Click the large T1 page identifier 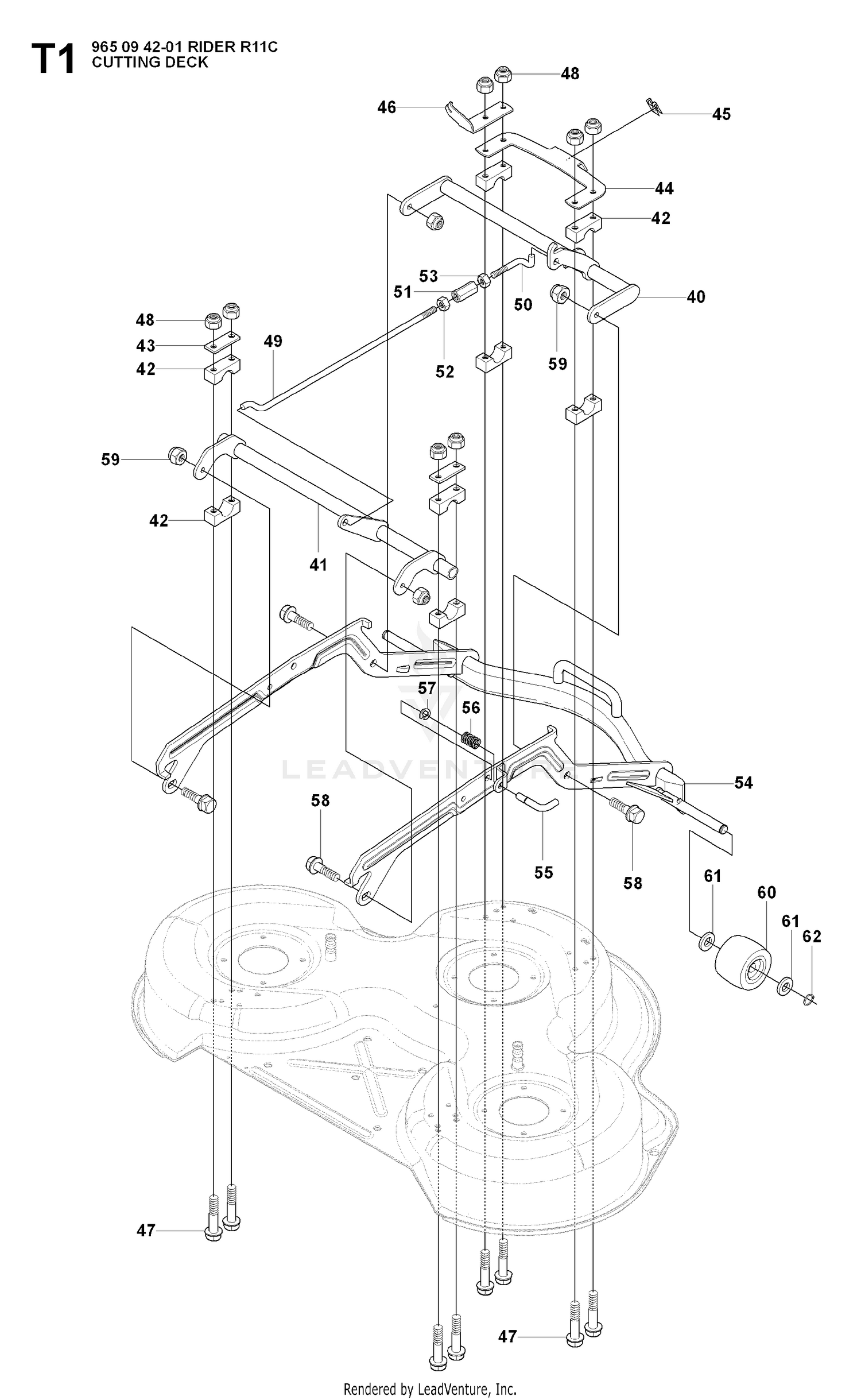53,60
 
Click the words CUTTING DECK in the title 150,62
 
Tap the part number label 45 722,114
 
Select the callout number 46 387,107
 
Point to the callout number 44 664,188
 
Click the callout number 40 696,297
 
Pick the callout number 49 273,341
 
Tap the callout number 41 318,564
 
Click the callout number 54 743,783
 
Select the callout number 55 543,873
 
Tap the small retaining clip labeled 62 809,1000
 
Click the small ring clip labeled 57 425,714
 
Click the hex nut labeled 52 443,303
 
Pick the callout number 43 146,346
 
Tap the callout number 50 523,304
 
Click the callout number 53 428,276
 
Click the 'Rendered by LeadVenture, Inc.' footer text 430,1384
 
